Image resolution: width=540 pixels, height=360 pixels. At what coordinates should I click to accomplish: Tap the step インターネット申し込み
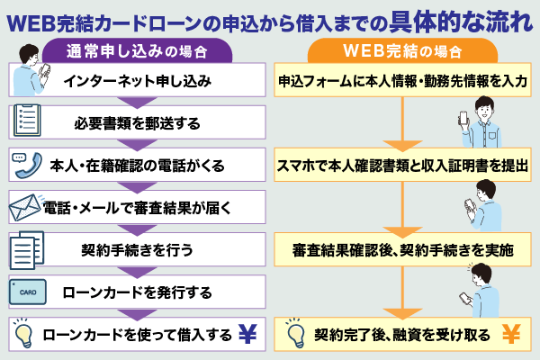[138, 81]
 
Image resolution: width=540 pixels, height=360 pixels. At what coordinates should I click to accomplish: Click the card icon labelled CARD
[24, 292]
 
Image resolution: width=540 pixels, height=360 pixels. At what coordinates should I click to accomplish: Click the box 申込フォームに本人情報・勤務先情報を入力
[401, 81]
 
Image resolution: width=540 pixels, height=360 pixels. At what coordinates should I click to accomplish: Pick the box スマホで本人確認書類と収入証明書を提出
[401, 165]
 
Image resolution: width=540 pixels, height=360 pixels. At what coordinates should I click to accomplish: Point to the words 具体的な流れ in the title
[459, 20]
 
